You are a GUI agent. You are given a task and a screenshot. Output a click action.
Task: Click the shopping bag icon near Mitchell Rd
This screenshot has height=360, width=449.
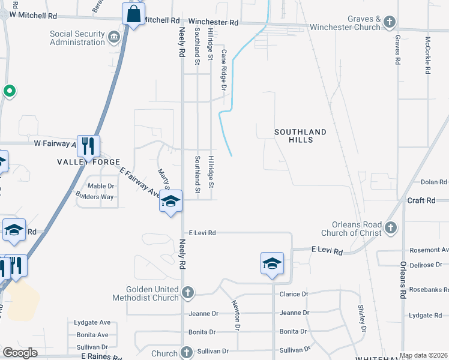pyautogui.click(x=133, y=14)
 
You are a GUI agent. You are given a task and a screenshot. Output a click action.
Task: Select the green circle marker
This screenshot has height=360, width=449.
pyautogui.click(x=8, y=91)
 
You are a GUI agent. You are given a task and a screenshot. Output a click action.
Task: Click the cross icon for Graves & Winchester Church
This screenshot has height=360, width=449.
pyautogui.click(x=390, y=23)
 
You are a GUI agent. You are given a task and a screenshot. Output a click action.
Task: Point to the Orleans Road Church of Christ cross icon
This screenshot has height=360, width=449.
pyautogui.click(x=391, y=228)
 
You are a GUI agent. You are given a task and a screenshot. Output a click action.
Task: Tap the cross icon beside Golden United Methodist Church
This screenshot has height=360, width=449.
pyautogui.click(x=188, y=293)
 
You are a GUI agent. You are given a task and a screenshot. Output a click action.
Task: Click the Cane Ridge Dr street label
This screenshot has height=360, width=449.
pyautogui.click(x=223, y=70)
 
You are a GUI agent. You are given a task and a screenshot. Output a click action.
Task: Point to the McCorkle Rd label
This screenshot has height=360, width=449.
pyautogui.click(x=427, y=55)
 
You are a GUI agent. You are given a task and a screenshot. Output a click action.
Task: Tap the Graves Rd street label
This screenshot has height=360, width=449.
pyautogui.click(x=397, y=49)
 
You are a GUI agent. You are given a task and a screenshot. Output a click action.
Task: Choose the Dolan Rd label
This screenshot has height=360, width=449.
pyautogui.click(x=434, y=182)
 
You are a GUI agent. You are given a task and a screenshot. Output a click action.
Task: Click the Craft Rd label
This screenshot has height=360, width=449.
pyautogui.click(x=421, y=200)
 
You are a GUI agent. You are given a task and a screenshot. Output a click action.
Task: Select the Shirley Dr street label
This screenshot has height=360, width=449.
pyautogui.click(x=362, y=318)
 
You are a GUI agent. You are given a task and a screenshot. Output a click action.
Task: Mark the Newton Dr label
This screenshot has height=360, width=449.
pyautogui.click(x=236, y=314)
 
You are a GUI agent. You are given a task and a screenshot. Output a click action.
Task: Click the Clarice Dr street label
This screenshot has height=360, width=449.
pyautogui.click(x=294, y=294)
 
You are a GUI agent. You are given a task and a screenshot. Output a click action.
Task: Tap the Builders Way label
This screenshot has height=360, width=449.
pyautogui.click(x=94, y=197)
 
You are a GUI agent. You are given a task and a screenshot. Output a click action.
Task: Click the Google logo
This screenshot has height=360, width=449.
pyautogui.click(x=20, y=353)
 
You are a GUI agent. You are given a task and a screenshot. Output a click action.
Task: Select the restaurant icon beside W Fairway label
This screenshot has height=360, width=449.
pyautogui.click(x=89, y=145)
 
